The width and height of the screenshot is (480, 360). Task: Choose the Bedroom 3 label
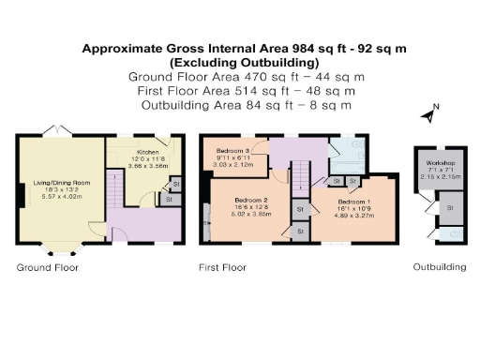(232, 151)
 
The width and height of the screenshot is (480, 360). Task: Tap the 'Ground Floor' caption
(47, 267)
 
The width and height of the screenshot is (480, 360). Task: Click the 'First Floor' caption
(222, 267)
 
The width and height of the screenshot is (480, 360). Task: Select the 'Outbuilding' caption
(440, 267)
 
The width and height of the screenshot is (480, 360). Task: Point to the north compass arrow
(427, 116)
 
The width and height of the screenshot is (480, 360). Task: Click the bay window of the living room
(61, 249)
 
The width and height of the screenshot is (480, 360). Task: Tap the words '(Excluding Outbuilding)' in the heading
(240, 62)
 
